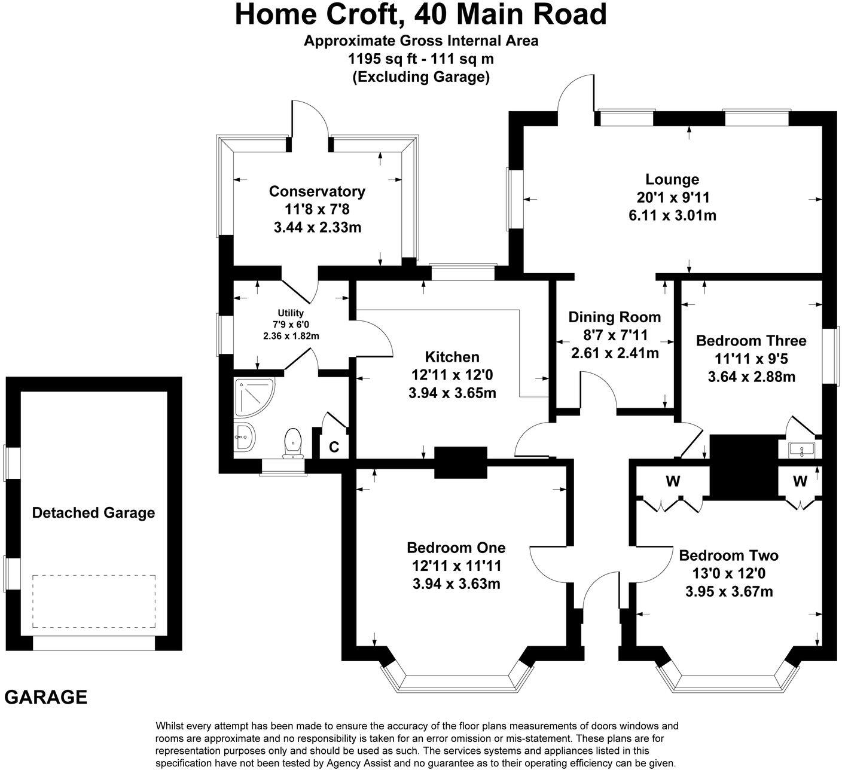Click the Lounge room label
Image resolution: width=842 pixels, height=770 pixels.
coord(672,179)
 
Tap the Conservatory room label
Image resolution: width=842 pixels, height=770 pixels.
coord(317,191)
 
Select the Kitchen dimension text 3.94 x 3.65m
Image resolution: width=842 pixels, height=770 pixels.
coord(452,393)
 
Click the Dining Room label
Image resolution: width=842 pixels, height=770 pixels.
coord(615,317)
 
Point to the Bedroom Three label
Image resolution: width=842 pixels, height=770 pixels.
coord(751,341)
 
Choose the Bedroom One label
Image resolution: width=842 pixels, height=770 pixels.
coord(456,548)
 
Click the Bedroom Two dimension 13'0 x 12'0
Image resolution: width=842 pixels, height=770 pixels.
coord(729,574)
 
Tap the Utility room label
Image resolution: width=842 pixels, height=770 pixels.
coord(291,313)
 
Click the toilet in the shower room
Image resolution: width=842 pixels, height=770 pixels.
coord(292,441)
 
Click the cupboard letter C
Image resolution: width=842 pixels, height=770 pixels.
coord(334,447)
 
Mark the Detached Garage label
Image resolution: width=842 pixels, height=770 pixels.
coord(93,513)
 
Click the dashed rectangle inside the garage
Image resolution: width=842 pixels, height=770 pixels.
coord(94,601)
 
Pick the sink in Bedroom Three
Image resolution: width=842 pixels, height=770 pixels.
coord(799,449)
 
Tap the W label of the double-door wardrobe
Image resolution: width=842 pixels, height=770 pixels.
coord(673,481)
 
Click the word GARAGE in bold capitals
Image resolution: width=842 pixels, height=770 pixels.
coord(46,697)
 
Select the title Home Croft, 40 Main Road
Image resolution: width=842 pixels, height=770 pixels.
coord(420,14)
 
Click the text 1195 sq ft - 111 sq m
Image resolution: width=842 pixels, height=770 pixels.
coord(420,59)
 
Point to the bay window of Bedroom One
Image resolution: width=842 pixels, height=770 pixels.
coord(457,681)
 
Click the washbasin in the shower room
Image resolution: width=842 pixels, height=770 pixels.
coord(245,436)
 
